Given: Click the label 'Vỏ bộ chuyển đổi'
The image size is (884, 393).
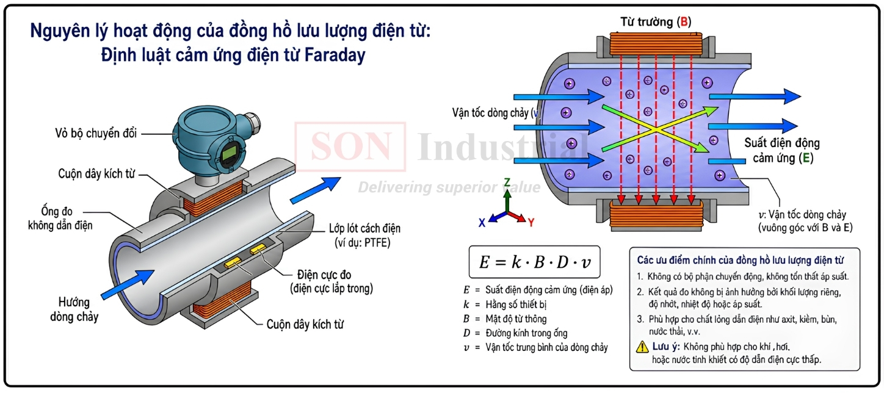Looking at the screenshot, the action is click(96, 134).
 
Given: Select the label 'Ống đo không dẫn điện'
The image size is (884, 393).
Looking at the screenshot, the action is click(60, 218).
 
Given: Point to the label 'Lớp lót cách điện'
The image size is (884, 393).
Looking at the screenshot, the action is click(364, 228).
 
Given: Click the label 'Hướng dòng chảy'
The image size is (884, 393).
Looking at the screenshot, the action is click(74, 310).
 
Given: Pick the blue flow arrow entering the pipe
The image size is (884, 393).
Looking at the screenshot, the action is click(128, 284).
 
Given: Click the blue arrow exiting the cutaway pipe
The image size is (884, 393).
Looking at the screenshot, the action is click(315, 190).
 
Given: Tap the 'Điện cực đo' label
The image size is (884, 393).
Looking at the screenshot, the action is click(324, 275).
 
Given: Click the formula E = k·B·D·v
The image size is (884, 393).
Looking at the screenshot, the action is click(535, 262).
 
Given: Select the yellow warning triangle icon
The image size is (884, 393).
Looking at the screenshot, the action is click(642, 347).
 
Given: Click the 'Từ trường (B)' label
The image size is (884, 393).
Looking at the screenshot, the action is click(656, 22).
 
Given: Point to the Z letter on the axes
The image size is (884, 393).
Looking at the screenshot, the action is click(507, 182).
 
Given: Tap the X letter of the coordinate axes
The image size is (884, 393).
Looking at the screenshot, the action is click(482, 223).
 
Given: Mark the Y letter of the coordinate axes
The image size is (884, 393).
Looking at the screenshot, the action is click(531, 223).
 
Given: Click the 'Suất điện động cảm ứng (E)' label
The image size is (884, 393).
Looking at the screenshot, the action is click(782, 150).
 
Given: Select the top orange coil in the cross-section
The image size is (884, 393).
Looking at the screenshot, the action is click(656, 44).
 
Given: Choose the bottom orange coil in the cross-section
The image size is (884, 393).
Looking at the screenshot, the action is click(656, 215).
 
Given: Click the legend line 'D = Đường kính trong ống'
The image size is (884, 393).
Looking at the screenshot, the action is click(515, 333).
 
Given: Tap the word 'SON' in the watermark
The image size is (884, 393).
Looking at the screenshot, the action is click(350, 146).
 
